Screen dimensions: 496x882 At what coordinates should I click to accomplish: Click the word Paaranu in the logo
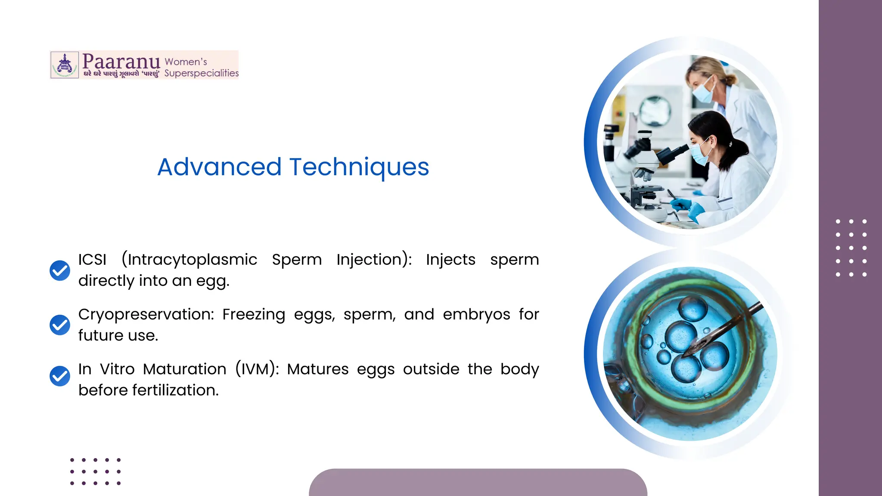[121, 62]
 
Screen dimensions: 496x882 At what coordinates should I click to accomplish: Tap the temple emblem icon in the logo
[65, 65]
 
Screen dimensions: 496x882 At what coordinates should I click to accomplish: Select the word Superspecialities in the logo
[201, 73]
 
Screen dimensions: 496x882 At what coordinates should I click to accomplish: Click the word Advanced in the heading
[219, 167]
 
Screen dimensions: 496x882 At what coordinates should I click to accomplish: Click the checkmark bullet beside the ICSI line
[60, 270]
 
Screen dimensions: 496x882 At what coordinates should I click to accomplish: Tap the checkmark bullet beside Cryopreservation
[60, 325]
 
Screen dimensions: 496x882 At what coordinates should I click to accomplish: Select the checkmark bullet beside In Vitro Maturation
[60, 376]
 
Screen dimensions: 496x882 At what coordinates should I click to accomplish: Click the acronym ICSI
[92, 260]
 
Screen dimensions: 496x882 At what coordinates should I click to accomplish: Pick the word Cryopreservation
[146, 315]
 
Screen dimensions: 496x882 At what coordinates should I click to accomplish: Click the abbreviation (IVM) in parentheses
[257, 369]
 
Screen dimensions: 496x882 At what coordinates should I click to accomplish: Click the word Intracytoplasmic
[189, 260]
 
